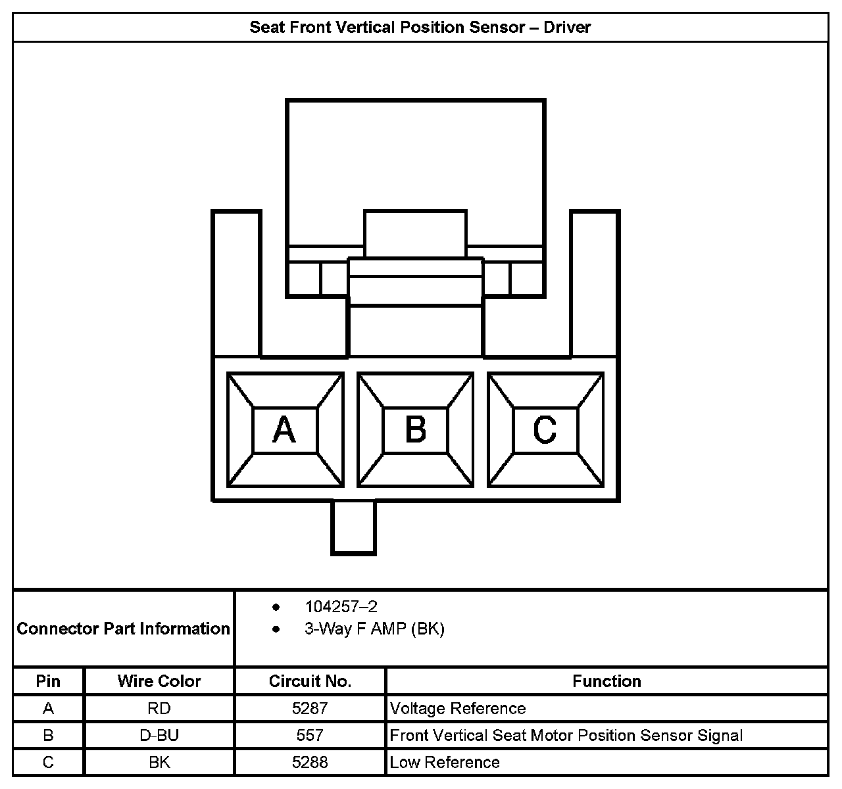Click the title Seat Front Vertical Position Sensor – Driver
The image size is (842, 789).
(420, 28)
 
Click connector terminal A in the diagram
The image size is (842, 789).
(285, 430)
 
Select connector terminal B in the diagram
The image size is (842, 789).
(415, 430)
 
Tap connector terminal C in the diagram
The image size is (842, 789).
(545, 430)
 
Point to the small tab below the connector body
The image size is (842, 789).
(353, 527)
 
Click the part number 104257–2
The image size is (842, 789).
(341, 606)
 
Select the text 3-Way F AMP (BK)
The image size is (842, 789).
(374, 629)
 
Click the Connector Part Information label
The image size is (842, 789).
(124, 629)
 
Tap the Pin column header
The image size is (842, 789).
(48, 681)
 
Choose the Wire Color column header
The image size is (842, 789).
(159, 681)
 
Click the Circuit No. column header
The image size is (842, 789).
(310, 681)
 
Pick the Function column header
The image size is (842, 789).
(607, 681)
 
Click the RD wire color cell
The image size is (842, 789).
(159, 709)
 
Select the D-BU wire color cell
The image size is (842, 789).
(159, 736)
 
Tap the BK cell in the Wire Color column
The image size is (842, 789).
(159, 763)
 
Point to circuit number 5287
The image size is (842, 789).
(310, 709)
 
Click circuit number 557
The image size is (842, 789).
(310, 736)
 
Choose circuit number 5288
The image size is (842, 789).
(310, 763)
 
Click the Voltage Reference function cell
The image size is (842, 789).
(458, 709)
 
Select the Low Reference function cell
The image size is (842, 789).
(445, 763)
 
